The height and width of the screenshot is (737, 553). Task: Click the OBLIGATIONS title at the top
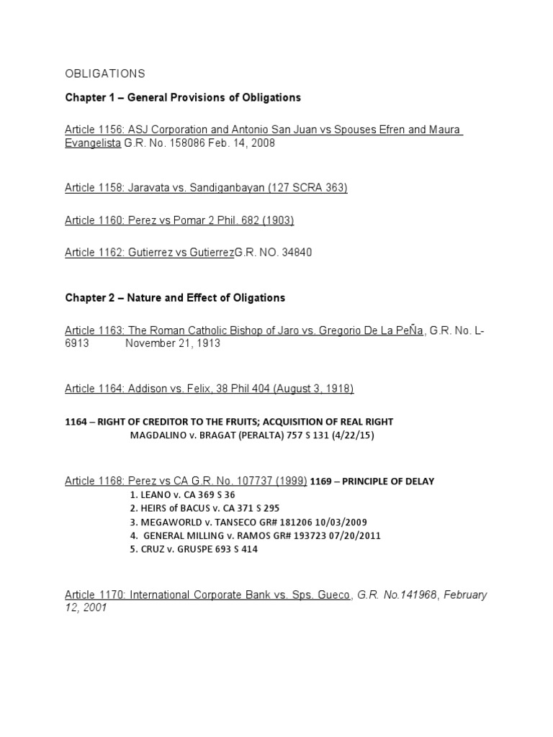105,74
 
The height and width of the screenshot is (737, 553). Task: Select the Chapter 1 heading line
183,97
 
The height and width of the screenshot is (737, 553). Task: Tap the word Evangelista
92,143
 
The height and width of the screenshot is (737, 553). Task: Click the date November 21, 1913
173,343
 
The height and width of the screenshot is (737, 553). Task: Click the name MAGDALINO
158,435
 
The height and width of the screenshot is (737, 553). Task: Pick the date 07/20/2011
354,535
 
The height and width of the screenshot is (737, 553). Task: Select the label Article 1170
95,595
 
